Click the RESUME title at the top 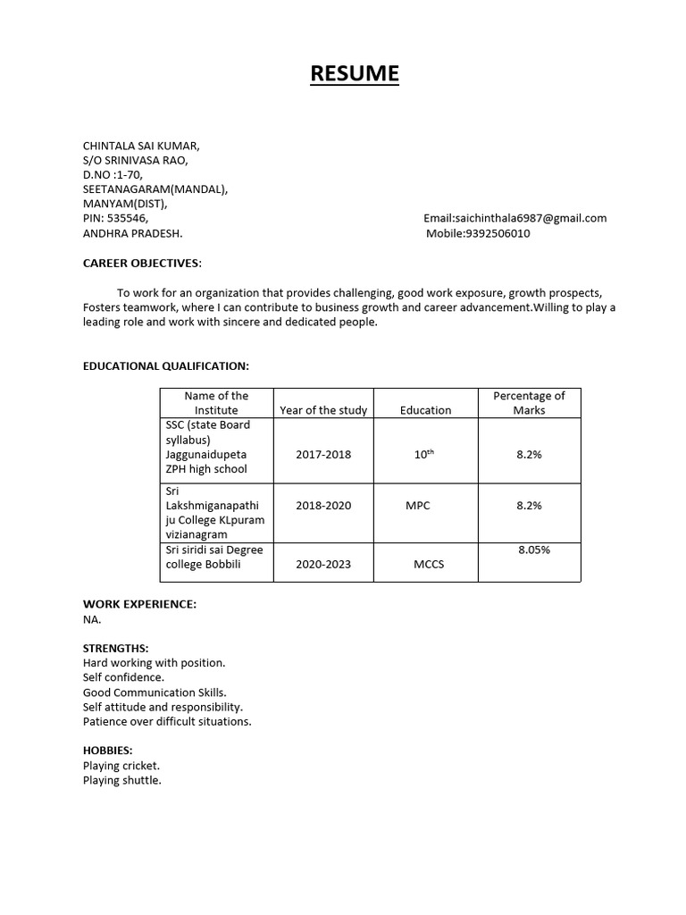pos(355,73)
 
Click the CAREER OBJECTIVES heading pos(142,263)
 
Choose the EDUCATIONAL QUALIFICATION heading pos(165,366)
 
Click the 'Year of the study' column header pos(323,410)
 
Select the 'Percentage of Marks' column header pos(529,403)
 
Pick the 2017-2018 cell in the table pos(323,454)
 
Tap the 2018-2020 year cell pos(323,505)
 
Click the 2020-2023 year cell pos(323,565)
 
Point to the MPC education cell pos(417,505)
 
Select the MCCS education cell pos(429,565)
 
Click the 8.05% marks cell pos(534,550)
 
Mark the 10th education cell pos(423,454)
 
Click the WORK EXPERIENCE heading pos(139,604)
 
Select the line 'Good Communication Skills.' pos(155,693)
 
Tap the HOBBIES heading pos(107,751)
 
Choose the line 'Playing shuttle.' pos(122,780)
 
